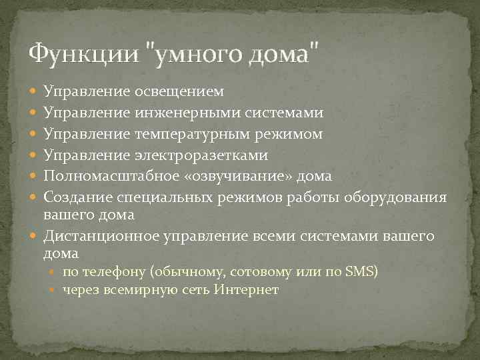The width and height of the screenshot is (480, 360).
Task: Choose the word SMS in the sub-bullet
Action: pos(359,271)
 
